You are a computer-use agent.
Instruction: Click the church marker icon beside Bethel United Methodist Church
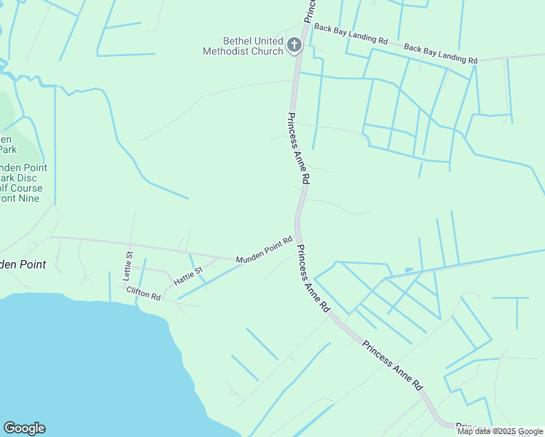294,46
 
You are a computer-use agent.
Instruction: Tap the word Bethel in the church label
240,41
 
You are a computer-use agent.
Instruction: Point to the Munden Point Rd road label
264,250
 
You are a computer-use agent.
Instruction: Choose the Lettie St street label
128,266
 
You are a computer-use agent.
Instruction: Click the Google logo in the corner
24,428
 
